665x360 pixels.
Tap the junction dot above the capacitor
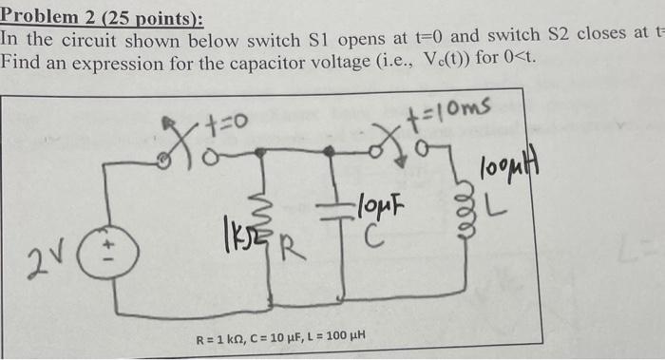pos(330,151)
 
